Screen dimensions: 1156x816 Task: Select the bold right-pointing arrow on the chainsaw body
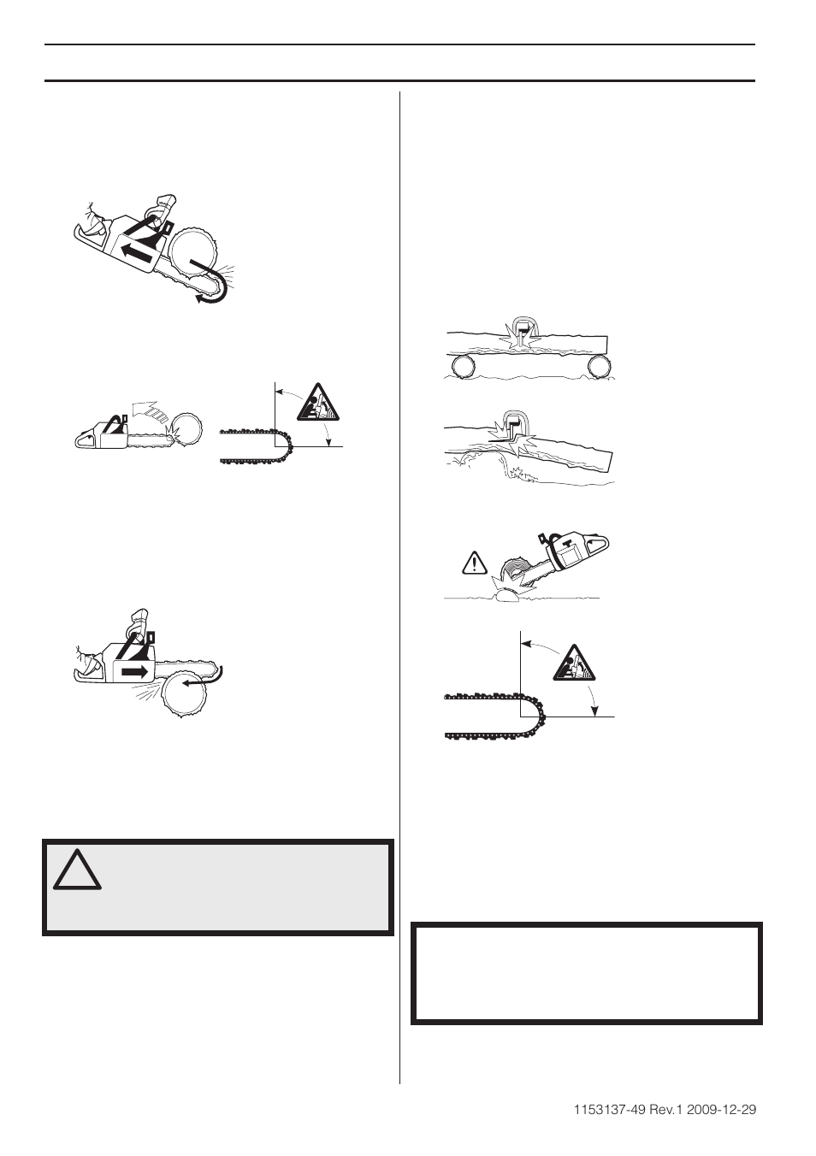click(x=133, y=672)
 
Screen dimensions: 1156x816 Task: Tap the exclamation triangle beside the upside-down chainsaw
click(x=472, y=563)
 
